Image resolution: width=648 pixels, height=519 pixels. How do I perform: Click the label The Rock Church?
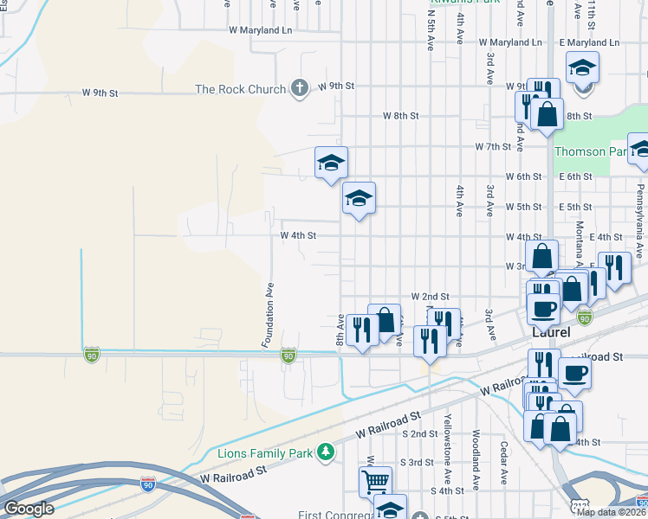(x=240, y=89)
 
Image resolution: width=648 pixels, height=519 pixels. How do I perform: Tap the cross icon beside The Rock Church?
(x=299, y=87)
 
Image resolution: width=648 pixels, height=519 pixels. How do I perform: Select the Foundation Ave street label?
(x=268, y=315)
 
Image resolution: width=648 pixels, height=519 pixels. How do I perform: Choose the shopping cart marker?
(x=375, y=480)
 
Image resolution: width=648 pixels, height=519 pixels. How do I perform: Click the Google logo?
(x=29, y=509)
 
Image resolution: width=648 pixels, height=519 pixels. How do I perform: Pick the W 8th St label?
(x=401, y=115)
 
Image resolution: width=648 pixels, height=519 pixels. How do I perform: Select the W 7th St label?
(x=493, y=146)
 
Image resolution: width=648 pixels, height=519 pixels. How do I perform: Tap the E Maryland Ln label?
(x=589, y=42)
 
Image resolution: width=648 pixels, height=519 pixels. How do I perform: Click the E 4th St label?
(x=606, y=236)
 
